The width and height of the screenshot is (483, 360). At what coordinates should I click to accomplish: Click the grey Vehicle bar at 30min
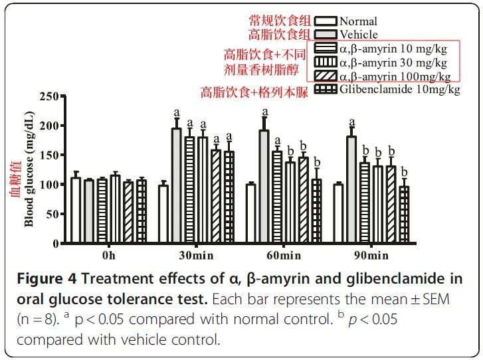[x=176, y=186]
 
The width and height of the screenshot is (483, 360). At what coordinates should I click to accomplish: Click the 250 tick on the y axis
[x=48, y=96]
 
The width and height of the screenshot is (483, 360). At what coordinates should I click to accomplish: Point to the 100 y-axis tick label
[x=48, y=185]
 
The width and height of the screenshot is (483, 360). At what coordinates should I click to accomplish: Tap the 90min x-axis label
[x=370, y=256]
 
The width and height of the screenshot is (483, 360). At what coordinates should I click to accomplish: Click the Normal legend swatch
[x=326, y=21]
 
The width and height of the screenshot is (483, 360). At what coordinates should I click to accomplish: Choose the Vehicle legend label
[x=358, y=35]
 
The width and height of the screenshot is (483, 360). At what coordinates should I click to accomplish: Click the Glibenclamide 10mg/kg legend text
[x=399, y=90]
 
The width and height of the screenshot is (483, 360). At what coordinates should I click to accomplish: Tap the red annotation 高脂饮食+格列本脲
[x=254, y=92]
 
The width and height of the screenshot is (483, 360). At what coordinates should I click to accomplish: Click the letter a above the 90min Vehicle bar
[x=351, y=122]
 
